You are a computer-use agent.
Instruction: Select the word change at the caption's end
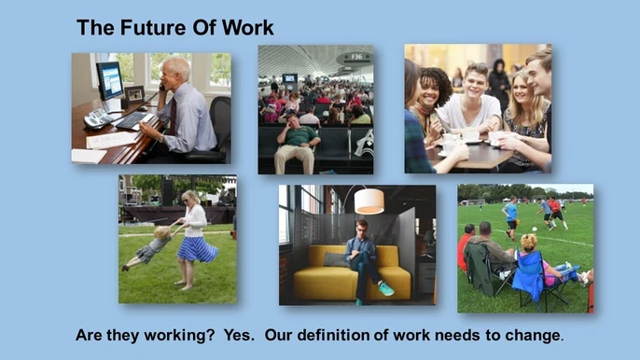point(534,334)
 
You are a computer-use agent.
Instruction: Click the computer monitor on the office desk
point(110,81)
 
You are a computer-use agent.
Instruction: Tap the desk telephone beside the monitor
point(96,118)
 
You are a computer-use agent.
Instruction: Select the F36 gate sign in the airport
point(355,58)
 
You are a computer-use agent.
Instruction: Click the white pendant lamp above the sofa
point(369,201)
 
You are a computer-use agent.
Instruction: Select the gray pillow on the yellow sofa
point(335,259)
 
